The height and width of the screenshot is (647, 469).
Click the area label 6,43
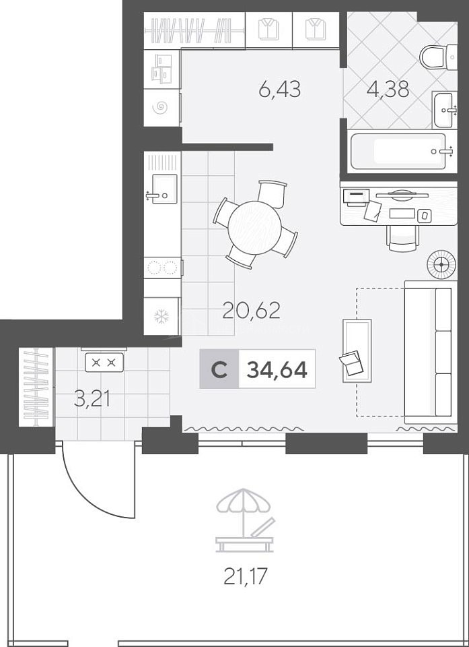[x=280, y=89]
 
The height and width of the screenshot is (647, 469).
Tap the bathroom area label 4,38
[x=388, y=88]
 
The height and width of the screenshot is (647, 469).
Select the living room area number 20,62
[x=251, y=310]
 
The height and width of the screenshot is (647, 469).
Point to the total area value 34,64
[x=277, y=369]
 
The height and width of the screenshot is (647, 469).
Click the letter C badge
[x=219, y=369]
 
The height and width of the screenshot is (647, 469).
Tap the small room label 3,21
[x=92, y=400]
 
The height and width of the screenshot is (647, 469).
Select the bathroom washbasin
[x=444, y=110]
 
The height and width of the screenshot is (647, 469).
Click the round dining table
[x=255, y=225]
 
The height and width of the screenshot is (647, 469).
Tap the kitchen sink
[x=164, y=189]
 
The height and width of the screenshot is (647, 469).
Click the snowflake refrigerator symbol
[x=161, y=317]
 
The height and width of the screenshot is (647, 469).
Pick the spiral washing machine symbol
[x=161, y=108]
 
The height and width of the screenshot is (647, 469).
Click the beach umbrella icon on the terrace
[x=244, y=520]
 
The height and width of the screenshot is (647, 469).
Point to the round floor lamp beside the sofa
[x=441, y=264]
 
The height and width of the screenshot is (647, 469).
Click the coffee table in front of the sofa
[x=357, y=350]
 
